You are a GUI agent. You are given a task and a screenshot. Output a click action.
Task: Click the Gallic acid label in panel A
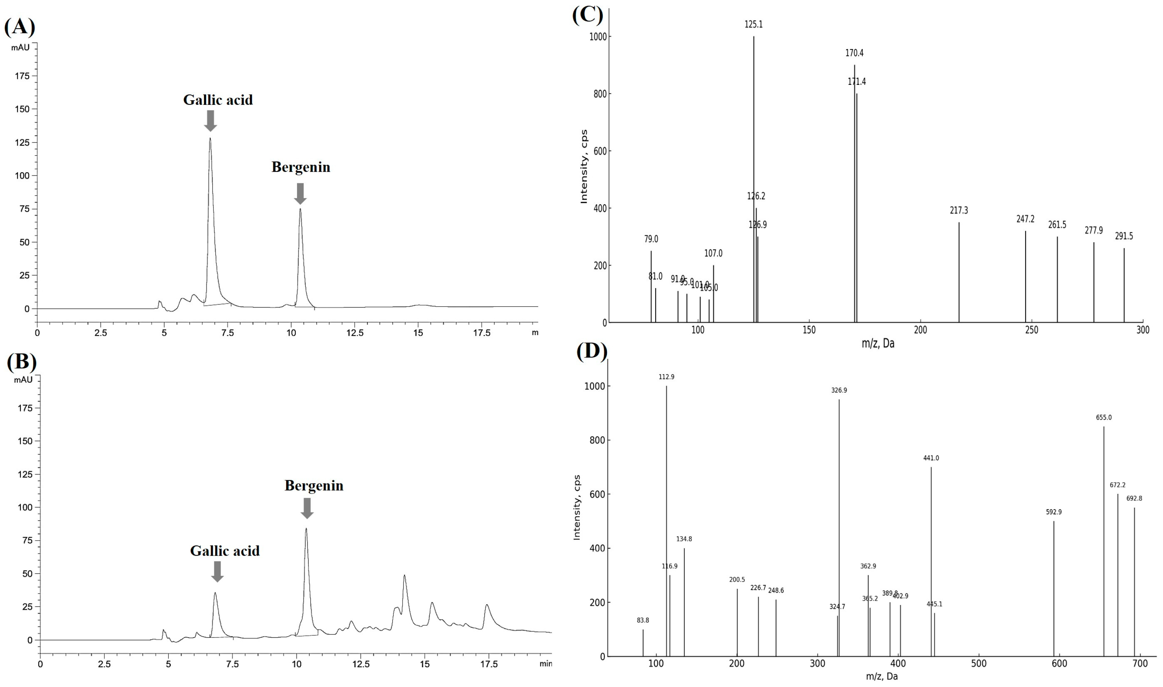pyautogui.click(x=218, y=100)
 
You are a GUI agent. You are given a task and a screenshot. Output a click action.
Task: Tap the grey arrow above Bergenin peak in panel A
pyautogui.click(x=300, y=193)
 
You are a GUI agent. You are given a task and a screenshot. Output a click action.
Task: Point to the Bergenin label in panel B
pyautogui.click(x=313, y=485)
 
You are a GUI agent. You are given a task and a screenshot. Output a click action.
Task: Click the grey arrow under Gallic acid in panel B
pyautogui.click(x=217, y=571)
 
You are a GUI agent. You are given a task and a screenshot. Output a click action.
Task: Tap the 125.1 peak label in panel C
pyautogui.click(x=753, y=25)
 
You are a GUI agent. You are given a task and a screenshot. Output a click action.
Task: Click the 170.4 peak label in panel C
pyautogui.click(x=854, y=53)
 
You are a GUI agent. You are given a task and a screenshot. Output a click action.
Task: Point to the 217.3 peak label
pyautogui.click(x=959, y=211)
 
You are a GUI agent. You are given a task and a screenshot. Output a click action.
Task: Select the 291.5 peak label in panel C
pyautogui.click(x=1124, y=236)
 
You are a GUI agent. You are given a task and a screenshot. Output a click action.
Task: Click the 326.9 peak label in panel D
pyautogui.click(x=839, y=390)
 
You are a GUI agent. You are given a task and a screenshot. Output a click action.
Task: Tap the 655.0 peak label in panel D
pyautogui.click(x=1103, y=417)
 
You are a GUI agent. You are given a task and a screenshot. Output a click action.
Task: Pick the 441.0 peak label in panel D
pyautogui.click(x=931, y=458)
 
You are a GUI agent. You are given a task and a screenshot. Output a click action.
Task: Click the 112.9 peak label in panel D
pyautogui.click(x=666, y=377)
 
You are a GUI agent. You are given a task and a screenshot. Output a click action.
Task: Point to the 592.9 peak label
pyautogui.click(x=1054, y=512)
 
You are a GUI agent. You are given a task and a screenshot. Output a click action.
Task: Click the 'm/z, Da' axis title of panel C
pyautogui.click(x=878, y=343)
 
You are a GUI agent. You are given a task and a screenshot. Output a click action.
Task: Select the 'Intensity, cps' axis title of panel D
pyautogui.click(x=577, y=507)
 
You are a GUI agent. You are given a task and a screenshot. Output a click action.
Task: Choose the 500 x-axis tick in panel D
pyautogui.click(x=979, y=664)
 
